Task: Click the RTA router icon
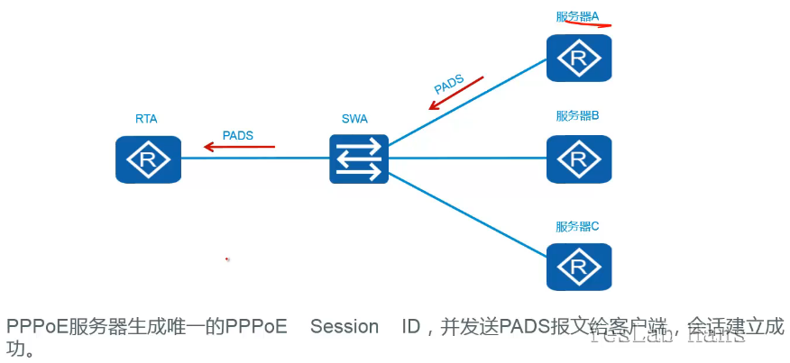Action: tap(148, 159)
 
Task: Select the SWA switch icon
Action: tap(359, 159)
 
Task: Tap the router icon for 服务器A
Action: tap(578, 59)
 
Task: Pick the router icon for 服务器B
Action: tap(578, 159)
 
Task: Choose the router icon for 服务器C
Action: tap(578, 267)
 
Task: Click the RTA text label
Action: tap(147, 118)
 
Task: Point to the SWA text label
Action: tap(354, 119)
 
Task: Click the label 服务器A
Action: tap(578, 16)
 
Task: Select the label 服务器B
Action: tap(578, 115)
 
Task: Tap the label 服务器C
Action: tap(578, 225)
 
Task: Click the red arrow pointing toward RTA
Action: tap(239, 146)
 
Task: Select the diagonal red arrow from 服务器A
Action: tap(456, 93)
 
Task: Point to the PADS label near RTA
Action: tap(237, 135)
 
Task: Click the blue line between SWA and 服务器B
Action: tap(469, 159)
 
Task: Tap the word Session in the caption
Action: tap(344, 327)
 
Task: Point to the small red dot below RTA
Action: tap(227, 259)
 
